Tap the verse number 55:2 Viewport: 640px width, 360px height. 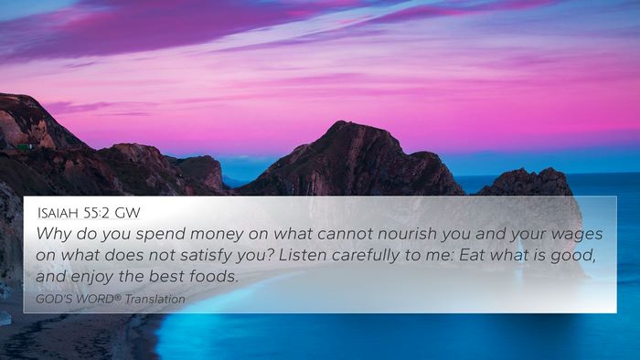coord(97,213)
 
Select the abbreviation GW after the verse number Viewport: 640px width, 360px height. coord(127,213)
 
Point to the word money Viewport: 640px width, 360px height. coord(217,235)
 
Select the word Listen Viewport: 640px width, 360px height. coord(303,255)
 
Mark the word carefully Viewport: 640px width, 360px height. coord(366,256)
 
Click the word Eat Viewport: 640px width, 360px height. coord(473,255)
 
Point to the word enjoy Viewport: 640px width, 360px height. coord(92,277)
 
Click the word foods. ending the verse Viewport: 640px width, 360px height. coord(213,277)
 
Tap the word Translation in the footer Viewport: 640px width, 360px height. coord(155,300)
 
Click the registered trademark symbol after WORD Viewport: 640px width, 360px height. coord(118,297)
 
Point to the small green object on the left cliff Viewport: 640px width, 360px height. coord(26,146)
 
